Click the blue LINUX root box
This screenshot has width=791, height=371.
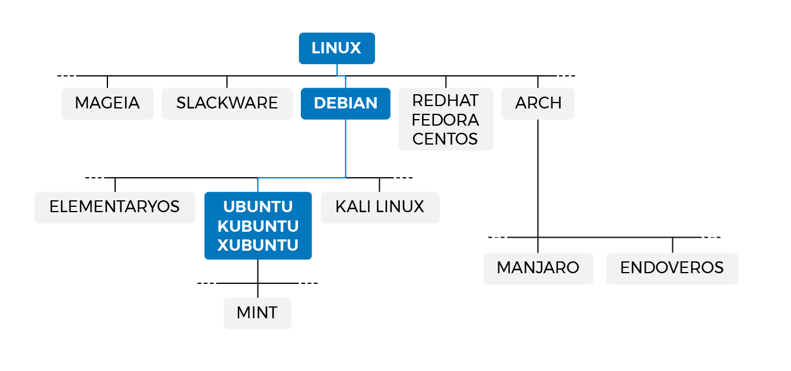coord(336,48)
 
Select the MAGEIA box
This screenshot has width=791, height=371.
coord(107,103)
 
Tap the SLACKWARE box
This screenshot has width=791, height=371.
coord(227,103)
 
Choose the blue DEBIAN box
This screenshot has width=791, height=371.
coord(345,103)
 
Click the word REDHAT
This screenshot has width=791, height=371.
coord(445,100)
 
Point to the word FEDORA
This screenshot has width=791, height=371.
coord(445,120)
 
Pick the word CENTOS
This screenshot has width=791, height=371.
coord(445,139)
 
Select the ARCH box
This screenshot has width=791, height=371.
coord(538,103)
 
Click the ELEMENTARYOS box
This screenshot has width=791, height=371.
coord(115,207)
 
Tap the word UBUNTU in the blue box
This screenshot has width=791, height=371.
coord(258,207)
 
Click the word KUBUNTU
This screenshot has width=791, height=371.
coord(258,226)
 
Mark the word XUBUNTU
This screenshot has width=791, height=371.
coord(258,245)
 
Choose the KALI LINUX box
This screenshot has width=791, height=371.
coord(380,207)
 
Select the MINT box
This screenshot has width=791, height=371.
coord(257,313)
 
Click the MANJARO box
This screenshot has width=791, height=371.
coord(538,268)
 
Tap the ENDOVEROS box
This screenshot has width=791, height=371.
coord(672,268)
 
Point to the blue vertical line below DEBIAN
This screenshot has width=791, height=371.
coord(346,148)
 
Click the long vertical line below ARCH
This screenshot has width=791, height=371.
coord(538,178)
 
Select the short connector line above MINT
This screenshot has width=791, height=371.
coord(258,290)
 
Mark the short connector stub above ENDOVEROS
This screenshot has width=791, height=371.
coord(672,245)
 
